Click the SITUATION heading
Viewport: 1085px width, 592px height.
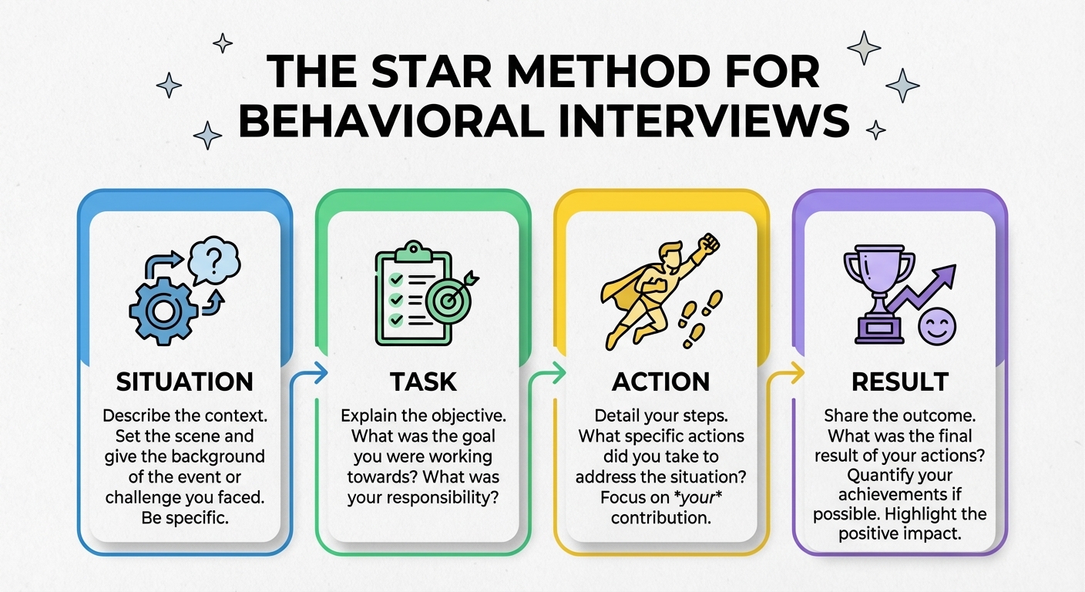click(x=184, y=382)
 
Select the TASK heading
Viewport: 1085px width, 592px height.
click(x=423, y=382)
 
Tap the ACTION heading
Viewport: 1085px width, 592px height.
click(x=660, y=382)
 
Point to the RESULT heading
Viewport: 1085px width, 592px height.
click(x=899, y=382)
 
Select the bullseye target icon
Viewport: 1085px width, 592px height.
click(x=452, y=304)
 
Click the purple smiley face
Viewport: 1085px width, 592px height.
click(x=938, y=325)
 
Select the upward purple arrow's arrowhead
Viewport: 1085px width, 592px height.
click(x=946, y=274)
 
